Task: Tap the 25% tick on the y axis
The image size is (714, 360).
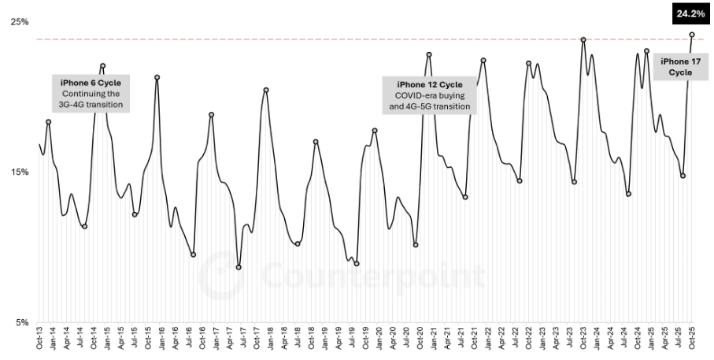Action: [x=19, y=21]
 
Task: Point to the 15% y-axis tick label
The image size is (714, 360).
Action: [x=19, y=172]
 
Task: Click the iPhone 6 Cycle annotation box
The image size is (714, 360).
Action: [x=91, y=93]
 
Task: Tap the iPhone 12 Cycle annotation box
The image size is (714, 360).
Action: [x=429, y=95]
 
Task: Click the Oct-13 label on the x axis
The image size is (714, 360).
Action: [x=40, y=340]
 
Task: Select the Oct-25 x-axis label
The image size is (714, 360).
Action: [x=693, y=340]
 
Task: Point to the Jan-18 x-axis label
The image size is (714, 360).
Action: [x=271, y=340]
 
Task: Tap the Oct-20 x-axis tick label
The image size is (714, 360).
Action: [x=420, y=340]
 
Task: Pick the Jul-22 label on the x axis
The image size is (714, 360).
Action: [x=516, y=340]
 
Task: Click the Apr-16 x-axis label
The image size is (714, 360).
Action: [x=176, y=340]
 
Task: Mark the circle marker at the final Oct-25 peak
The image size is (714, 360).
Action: [x=692, y=35]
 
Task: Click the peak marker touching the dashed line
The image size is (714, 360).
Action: [x=583, y=39]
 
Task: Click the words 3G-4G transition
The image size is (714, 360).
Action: [x=91, y=105]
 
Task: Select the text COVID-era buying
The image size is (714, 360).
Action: [x=429, y=95]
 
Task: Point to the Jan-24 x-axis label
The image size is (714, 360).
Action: [x=597, y=340]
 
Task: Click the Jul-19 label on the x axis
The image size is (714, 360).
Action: [x=353, y=340]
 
